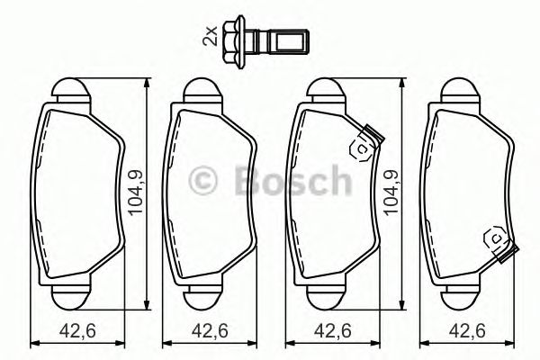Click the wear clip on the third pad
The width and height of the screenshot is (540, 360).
pos(365,144)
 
